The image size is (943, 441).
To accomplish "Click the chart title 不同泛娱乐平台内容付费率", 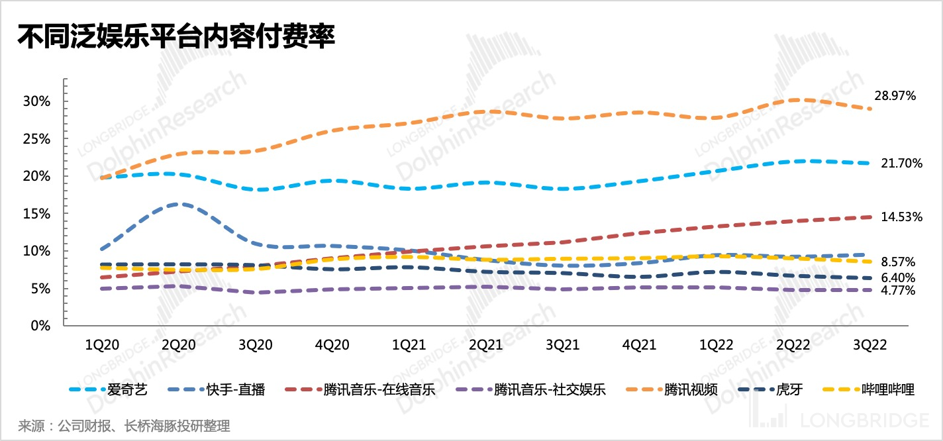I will (175, 37).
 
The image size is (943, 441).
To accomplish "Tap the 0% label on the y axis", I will (42, 326).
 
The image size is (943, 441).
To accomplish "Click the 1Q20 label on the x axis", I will (103, 346).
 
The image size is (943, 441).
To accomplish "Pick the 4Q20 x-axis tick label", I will (331, 346).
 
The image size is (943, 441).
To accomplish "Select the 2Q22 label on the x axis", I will (793, 346).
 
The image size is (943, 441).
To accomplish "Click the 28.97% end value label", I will (895, 96).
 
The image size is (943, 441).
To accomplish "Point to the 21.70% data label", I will (902, 164).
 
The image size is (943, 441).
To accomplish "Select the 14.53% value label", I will (902, 217).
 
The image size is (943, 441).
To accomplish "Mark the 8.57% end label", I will (899, 262).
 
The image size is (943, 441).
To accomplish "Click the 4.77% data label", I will (899, 291).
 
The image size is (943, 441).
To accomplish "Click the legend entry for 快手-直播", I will (244, 389).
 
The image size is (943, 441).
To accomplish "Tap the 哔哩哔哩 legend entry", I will (888, 389).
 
